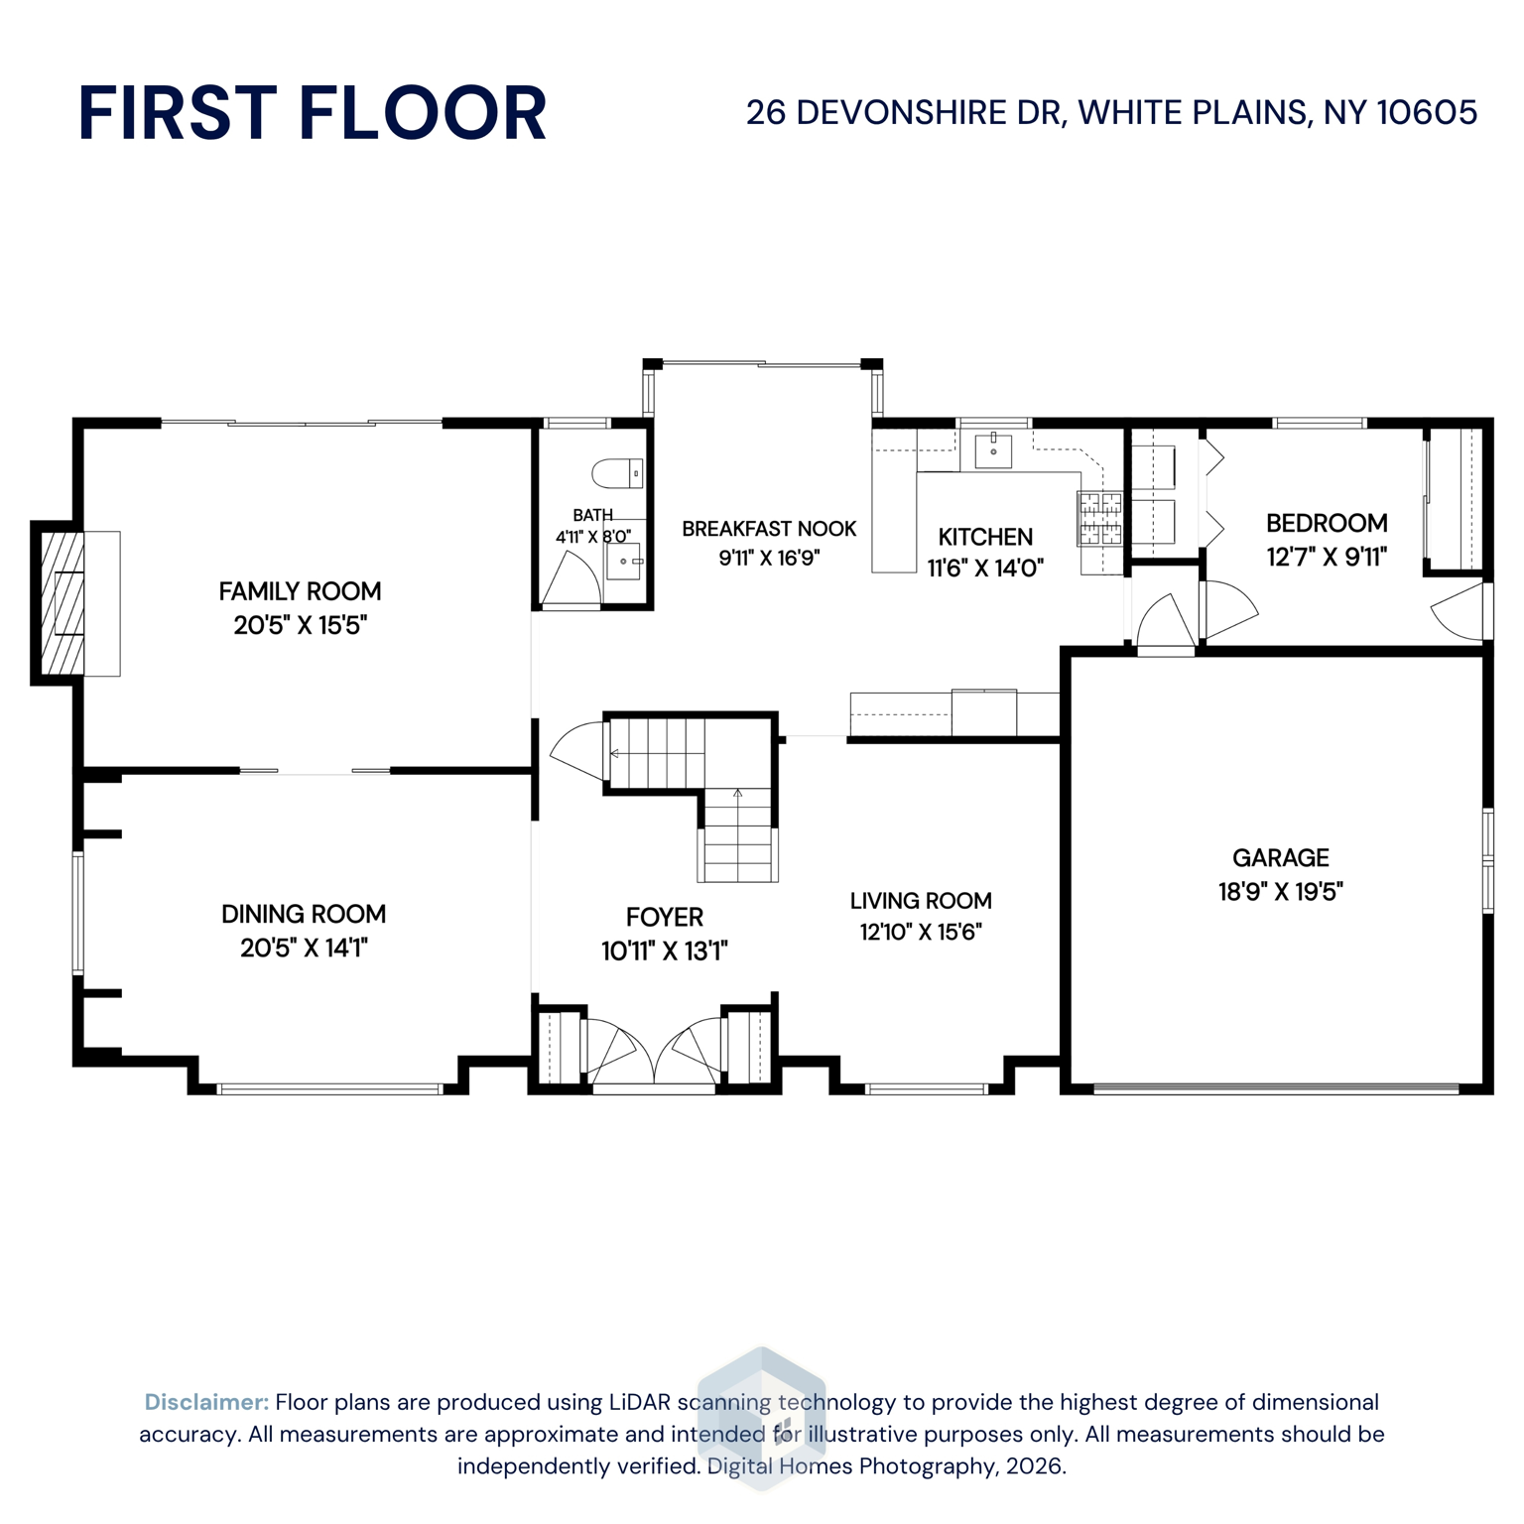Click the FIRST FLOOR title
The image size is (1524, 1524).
click(312, 113)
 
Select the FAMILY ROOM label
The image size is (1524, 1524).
click(300, 591)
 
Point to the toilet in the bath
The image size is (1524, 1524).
click(617, 473)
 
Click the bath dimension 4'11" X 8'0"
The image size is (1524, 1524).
click(592, 537)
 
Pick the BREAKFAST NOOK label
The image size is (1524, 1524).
click(769, 529)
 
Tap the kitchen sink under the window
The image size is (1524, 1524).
click(992, 450)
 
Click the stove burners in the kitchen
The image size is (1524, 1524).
click(1100, 518)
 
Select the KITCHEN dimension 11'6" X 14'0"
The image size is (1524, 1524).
click(985, 569)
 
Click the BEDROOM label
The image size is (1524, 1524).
click(1327, 523)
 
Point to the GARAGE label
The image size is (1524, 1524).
click(1280, 857)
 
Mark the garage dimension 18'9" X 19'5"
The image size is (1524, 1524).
click(1280, 891)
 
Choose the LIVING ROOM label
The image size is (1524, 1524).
click(921, 901)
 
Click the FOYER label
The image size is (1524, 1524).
click(664, 917)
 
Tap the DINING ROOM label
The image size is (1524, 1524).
click(304, 914)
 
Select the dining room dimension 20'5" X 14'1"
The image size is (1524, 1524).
click(304, 948)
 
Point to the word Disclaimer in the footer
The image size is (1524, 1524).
click(206, 1402)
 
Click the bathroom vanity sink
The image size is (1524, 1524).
click(624, 562)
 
